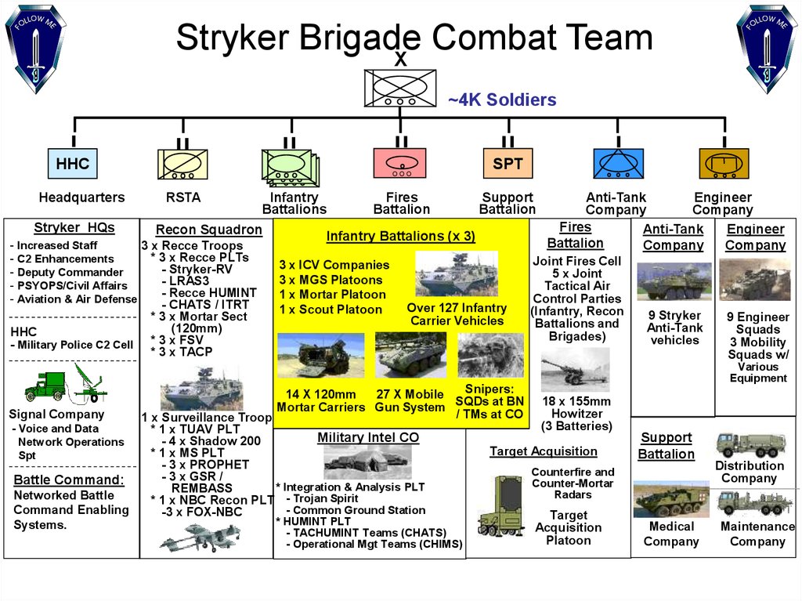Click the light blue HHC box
pyautogui.click(x=73, y=164)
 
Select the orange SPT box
pyautogui.click(x=508, y=163)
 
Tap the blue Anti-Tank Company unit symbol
pyautogui.click(x=619, y=163)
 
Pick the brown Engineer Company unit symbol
pyautogui.click(x=724, y=164)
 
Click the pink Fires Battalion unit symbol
pyautogui.click(x=400, y=163)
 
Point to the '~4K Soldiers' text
pyautogui.click(x=502, y=100)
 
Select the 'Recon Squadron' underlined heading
pyautogui.click(x=208, y=230)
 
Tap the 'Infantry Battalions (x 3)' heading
pyautogui.click(x=400, y=236)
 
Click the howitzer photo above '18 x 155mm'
pyautogui.click(x=576, y=369)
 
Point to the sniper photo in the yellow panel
pyautogui.click(x=490, y=355)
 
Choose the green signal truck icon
pyautogui.click(x=46, y=386)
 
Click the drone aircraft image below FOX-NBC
pyautogui.click(x=200, y=538)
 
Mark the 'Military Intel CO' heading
pyautogui.click(x=368, y=438)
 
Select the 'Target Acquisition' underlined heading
pyautogui.click(x=544, y=451)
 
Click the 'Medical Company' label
pyautogui.click(x=671, y=534)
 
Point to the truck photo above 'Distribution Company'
pyautogui.click(x=751, y=445)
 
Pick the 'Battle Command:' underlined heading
pyautogui.click(x=69, y=480)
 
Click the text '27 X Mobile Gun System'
pyautogui.click(x=410, y=401)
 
